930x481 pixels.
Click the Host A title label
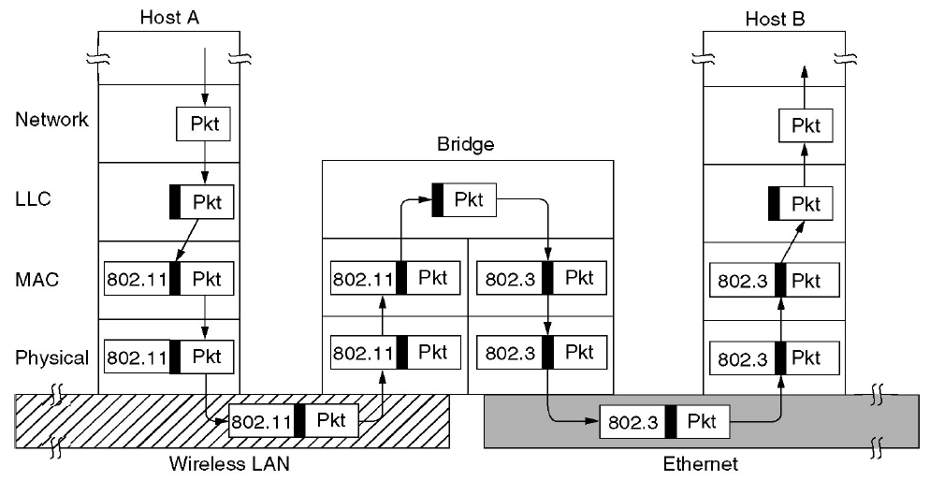[168, 17]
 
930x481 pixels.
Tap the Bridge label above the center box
[467, 146]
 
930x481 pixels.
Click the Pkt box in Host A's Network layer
[204, 124]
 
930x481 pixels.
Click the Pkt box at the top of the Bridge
[463, 200]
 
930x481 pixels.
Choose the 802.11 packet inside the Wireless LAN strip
[294, 421]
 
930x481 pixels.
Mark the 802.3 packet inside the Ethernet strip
[664, 422]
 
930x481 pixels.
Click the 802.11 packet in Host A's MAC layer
[168, 280]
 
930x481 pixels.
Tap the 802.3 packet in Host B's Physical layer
[776, 358]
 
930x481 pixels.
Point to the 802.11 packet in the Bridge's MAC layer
[394, 278]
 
